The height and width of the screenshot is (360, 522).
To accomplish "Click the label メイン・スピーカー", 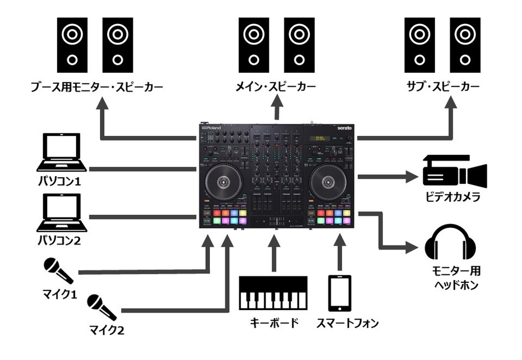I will point(276,87).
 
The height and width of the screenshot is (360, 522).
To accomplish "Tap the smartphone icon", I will point(340,293).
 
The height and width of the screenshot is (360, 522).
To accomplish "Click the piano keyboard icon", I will point(273,293).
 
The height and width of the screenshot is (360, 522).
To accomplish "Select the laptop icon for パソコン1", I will point(62,153).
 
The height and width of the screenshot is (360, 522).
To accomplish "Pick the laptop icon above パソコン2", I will point(62,213).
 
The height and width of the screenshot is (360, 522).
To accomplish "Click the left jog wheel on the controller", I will point(224,182).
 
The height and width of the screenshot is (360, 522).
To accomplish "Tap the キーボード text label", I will point(272,323).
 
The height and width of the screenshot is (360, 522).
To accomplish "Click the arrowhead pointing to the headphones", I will point(412,246).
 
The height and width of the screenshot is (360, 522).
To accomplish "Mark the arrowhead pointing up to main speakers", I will point(276,103).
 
